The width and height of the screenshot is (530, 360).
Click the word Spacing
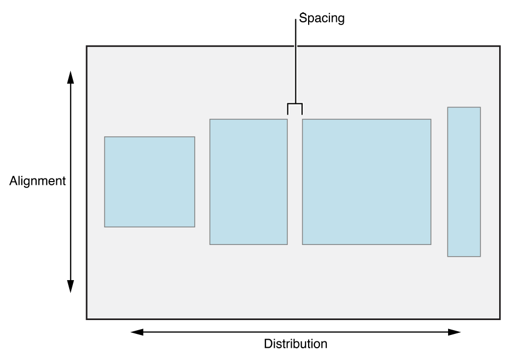click(x=321, y=19)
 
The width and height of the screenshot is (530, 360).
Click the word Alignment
click(x=37, y=181)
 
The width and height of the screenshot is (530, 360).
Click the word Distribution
click(x=295, y=344)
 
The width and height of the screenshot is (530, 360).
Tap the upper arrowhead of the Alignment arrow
click(x=70, y=77)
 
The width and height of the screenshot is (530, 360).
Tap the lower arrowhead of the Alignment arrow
click(x=70, y=287)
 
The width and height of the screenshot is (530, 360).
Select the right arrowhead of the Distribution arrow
click(x=454, y=332)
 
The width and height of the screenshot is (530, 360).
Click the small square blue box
click(x=150, y=182)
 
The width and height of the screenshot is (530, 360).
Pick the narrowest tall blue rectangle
click(x=464, y=182)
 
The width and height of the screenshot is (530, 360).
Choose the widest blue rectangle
click(x=367, y=182)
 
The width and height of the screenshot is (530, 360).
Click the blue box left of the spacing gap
click(x=249, y=182)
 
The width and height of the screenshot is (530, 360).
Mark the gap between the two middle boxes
click(x=295, y=182)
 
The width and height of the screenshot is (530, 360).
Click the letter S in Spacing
click(x=302, y=19)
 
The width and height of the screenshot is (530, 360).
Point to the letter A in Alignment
click(x=13, y=181)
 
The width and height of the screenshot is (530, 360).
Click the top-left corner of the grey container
click(x=87, y=46)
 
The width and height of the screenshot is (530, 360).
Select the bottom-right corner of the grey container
click(x=499, y=319)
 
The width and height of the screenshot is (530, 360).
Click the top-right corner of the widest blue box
click(x=430, y=119)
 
